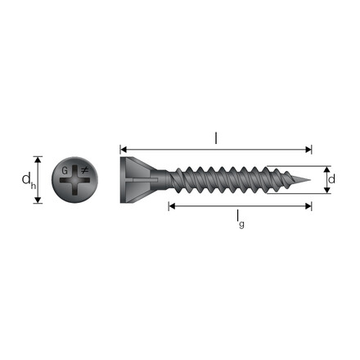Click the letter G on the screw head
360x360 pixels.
(65, 171)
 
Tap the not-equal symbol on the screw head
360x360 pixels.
(83, 171)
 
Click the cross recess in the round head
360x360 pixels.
(75, 180)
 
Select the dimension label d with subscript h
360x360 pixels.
(25, 179)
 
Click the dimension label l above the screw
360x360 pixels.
(216, 138)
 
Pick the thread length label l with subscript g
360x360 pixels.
(238, 218)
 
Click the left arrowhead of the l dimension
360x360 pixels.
(124, 150)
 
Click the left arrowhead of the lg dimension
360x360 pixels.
(172, 205)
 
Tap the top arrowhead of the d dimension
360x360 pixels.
(327, 166)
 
